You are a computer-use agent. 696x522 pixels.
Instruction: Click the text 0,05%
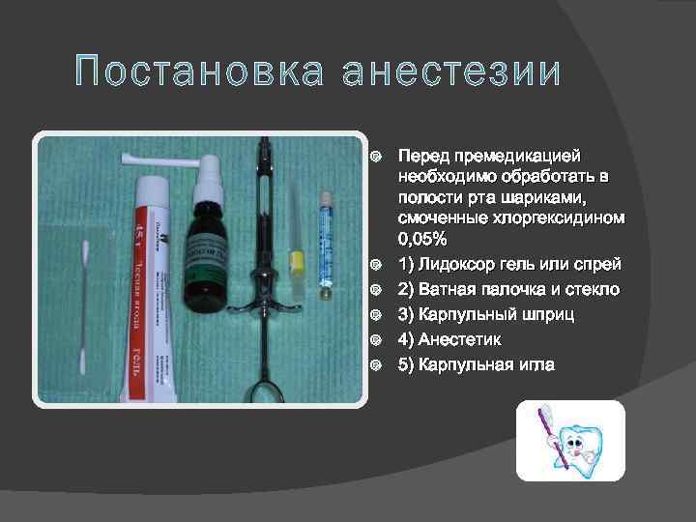(x=421, y=240)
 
